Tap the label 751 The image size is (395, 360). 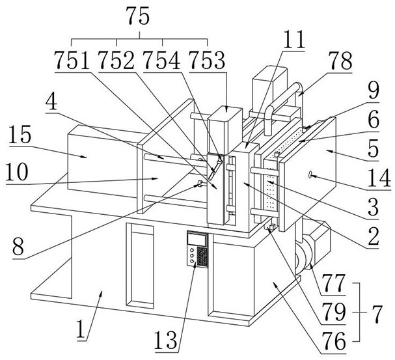coord(72,61)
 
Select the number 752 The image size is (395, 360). coord(117,61)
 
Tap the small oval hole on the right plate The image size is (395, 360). coord(312,174)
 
